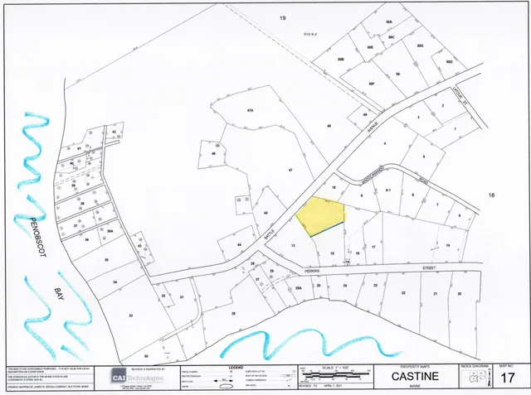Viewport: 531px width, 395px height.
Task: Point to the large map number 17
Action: (509, 378)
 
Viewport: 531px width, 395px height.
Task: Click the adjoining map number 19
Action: (282, 18)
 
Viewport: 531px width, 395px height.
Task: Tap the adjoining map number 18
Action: (491, 195)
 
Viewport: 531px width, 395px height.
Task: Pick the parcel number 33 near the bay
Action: (107, 259)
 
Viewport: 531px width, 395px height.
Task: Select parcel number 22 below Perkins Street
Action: (403, 294)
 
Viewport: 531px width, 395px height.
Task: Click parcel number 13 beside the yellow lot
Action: (293, 245)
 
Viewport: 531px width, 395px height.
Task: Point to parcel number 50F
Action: (372, 83)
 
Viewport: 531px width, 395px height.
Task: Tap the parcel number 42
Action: (114, 131)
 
